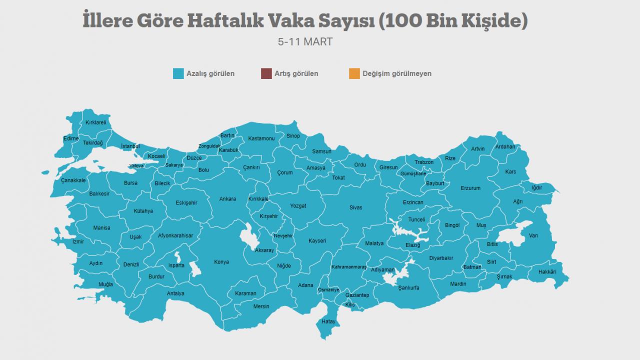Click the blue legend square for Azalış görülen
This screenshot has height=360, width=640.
(178, 73)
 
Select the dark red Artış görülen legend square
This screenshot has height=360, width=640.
(266, 73)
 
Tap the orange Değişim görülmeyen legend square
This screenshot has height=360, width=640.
(354, 73)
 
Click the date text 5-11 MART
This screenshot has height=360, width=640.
(305, 42)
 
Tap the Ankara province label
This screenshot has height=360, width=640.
(227, 199)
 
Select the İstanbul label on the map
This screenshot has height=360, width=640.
(130, 146)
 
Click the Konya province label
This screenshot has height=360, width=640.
(221, 262)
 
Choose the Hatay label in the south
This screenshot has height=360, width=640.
(328, 321)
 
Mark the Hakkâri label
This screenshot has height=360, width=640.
(547, 272)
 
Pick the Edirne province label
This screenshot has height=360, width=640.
(71, 138)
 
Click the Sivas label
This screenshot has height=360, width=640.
(355, 207)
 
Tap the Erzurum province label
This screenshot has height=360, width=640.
(470, 188)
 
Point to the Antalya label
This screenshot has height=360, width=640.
(175, 293)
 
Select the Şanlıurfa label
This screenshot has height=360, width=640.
(408, 288)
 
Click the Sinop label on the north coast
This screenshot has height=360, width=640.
(293, 136)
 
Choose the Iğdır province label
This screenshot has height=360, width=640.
(537, 188)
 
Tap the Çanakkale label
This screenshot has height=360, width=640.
(73, 180)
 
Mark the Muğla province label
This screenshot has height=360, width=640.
(105, 284)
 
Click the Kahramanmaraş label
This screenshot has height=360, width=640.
(349, 267)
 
